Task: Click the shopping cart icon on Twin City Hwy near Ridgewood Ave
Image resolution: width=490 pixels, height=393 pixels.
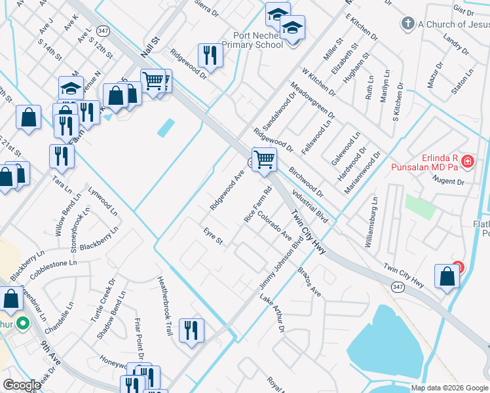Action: (264, 159)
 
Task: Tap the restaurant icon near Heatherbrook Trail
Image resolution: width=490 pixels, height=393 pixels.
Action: (191, 329)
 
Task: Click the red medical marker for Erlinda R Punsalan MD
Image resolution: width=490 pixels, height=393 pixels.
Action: (468, 160)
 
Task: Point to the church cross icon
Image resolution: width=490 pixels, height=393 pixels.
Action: (407, 24)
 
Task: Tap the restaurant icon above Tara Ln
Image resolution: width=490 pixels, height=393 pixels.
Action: (61, 156)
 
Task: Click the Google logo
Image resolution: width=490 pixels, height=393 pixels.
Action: (22, 385)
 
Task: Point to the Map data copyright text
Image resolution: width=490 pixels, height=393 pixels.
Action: (449, 388)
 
